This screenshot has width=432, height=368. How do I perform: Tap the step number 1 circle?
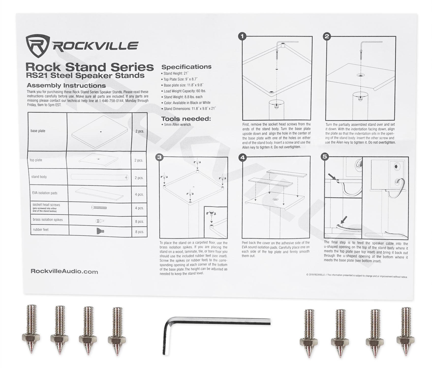[x=242, y=37]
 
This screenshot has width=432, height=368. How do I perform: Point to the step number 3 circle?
[x=159, y=157]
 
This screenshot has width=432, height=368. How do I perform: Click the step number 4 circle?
[x=242, y=157]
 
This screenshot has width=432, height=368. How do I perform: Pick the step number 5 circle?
[x=325, y=157]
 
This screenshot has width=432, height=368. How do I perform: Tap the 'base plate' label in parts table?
[x=38, y=131]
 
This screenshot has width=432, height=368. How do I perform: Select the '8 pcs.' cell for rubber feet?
[x=140, y=232]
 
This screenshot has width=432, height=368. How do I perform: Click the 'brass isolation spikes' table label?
[x=48, y=220]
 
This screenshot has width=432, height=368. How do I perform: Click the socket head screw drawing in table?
[x=99, y=208]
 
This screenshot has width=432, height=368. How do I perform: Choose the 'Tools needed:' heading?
[x=186, y=119]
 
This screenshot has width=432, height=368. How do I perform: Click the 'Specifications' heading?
[x=186, y=67]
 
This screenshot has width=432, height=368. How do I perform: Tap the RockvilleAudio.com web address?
[x=64, y=271]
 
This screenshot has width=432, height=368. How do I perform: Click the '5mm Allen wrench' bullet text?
[x=177, y=125]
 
